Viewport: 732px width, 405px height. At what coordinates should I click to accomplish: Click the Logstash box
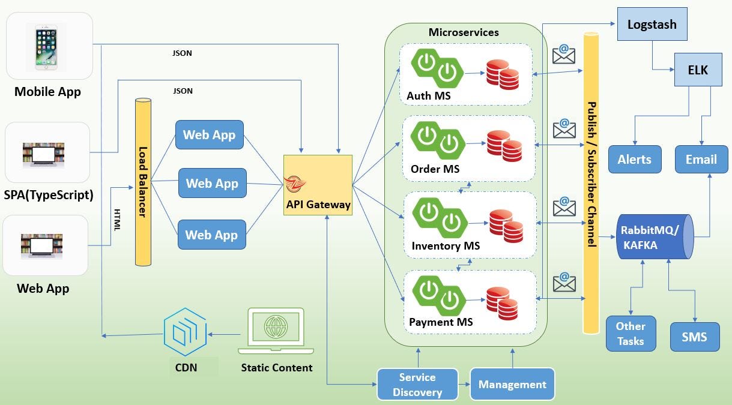click(x=652, y=25)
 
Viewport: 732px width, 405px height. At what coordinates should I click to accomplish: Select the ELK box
click(x=697, y=70)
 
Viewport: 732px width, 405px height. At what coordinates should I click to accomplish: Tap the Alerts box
click(x=634, y=159)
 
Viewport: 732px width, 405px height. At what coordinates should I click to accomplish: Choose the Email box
click(x=701, y=159)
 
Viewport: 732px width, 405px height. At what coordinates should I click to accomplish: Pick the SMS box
click(x=695, y=336)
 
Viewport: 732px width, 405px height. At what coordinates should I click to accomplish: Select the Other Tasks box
click(x=630, y=334)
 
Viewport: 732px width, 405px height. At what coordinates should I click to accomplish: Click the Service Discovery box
click(x=417, y=385)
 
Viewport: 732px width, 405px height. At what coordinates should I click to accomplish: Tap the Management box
click(x=512, y=385)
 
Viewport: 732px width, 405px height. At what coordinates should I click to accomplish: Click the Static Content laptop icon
click(x=276, y=331)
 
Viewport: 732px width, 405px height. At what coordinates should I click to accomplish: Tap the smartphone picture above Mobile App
click(x=46, y=47)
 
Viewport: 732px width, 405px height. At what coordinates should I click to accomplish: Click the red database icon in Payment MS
click(x=502, y=303)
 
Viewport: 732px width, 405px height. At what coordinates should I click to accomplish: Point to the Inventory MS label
click(x=446, y=246)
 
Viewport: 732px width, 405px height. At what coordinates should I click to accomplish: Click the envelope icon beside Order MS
click(x=564, y=129)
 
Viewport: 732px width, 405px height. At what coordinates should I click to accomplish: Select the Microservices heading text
click(x=464, y=32)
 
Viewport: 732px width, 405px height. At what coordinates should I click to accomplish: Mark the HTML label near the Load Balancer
click(x=117, y=219)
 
